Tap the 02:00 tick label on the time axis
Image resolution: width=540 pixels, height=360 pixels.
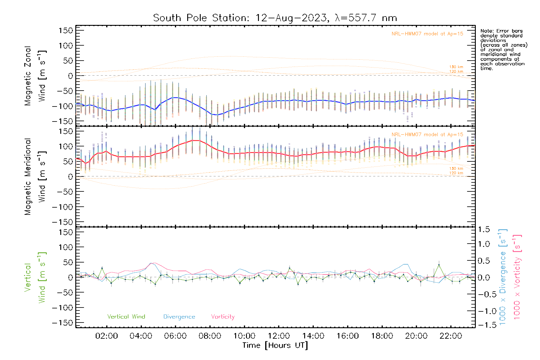[106, 336]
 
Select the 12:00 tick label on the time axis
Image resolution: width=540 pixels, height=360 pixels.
[279, 336]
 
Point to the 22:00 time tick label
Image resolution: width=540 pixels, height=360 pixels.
[451, 336]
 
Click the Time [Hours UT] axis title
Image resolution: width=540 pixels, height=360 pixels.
[275, 345]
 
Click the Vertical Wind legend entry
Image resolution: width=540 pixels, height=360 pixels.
[126, 316]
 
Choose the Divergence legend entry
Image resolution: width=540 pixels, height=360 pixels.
[179, 317]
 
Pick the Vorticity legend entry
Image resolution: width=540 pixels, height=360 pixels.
[223, 316]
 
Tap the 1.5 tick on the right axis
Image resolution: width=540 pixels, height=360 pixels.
[484, 229]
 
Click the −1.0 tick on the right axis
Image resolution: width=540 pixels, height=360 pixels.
[484, 311]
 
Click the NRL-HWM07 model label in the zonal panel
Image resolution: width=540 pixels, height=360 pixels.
[427, 34]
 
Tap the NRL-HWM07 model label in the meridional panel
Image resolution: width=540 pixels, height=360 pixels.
[427, 135]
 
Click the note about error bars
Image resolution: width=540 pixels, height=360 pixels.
[503, 49]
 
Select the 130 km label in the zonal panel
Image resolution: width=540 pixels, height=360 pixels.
[456, 67]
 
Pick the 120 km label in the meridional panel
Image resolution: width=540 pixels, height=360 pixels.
[456, 173]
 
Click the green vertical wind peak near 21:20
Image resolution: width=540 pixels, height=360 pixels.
[439, 265]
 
